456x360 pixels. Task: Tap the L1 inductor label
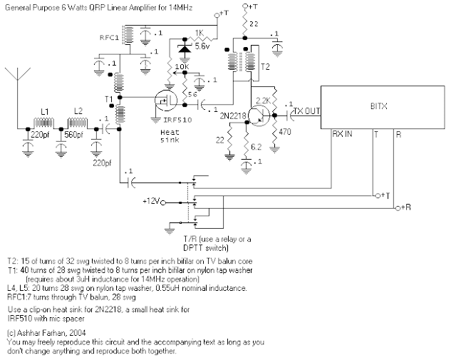coord(45,112)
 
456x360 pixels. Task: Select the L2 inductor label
coord(80,112)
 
